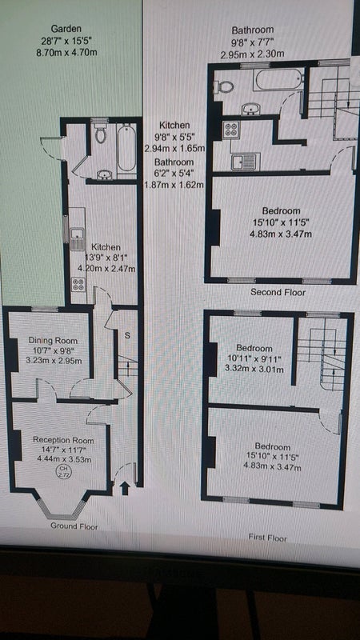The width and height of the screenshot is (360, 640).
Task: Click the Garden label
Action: tap(66, 29)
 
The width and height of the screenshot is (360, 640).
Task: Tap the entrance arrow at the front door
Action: tap(125, 489)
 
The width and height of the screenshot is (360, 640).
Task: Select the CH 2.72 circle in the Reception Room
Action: tap(64, 474)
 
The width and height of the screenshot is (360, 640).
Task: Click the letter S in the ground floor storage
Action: tap(127, 336)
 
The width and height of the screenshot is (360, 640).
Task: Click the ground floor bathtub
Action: tap(127, 148)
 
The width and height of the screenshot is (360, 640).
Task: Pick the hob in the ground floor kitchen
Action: tap(78, 285)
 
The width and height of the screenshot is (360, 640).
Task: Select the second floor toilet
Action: tap(224, 86)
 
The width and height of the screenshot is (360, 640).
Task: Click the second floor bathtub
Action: tap(278, 79)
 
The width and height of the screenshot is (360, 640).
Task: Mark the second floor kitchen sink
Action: tap(246, 162)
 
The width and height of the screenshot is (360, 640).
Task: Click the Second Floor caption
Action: tap(278, 292)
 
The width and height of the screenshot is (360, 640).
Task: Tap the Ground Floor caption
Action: tap(74, 526)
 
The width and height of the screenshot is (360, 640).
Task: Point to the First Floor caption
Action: tap(268, 538)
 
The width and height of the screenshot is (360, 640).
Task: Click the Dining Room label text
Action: tap(53, 341)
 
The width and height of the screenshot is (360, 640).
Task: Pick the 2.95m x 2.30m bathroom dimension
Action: tap(252, 54)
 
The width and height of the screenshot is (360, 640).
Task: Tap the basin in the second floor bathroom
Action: tap(249, 109)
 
